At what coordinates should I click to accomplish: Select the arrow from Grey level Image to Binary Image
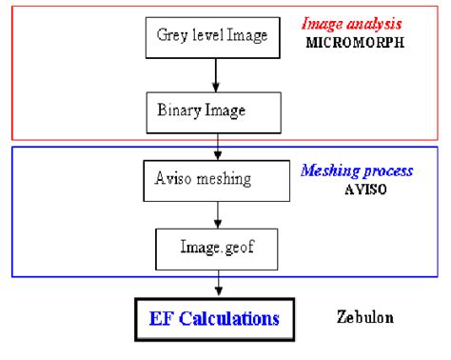point(218,74)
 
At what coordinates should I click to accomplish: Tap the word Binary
point(178,110)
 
